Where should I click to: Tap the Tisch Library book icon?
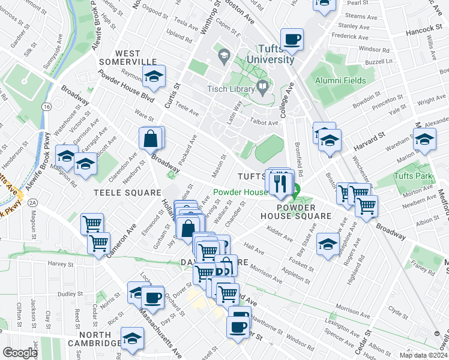(x=262, y=88)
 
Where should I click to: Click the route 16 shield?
(x=46, y=106)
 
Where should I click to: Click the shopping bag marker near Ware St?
(x=150, y=139)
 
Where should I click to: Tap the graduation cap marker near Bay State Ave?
(x=328, y=244)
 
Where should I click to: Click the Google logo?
(x=20, y=353)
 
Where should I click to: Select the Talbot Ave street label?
(x=264, y=122)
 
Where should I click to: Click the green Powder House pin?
(x=295, y=193)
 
